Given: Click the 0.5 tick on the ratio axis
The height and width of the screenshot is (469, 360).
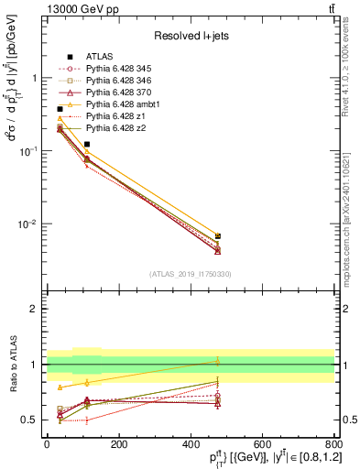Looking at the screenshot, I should pos(31,420).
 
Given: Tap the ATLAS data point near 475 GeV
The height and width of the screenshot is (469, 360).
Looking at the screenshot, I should pos(217,236).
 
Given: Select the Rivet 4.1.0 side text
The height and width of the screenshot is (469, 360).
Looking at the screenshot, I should pos(351,64).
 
